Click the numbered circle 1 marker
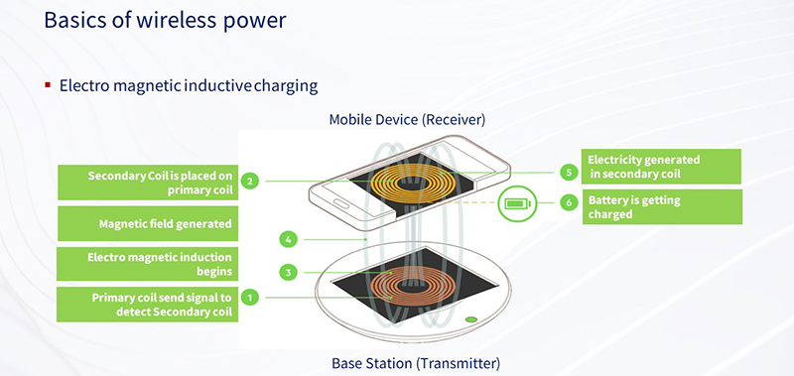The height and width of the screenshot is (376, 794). click(x=251, y=297)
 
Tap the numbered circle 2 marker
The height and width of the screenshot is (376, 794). click(x=251, y=181)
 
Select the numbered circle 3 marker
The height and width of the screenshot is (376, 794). click(x=287, y=271)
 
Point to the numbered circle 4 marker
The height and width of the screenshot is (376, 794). click(x=287, y=239)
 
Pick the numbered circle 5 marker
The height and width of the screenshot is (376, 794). click(x=569, y=172)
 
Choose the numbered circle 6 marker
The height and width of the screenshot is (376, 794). click(x=569, y=201)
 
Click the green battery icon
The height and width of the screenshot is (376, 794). click(x=517, y=204)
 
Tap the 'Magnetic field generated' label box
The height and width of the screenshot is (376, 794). click(x=148, y=224)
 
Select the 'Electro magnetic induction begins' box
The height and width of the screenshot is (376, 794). click(x=148, y=263)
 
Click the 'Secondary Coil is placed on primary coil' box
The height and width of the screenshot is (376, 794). click(x=148, y=182)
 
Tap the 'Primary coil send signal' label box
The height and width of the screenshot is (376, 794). click(x=148, y=305)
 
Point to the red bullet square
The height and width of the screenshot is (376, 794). click(x=47, y=85)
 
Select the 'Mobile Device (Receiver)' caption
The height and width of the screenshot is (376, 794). click(x=406, y=121)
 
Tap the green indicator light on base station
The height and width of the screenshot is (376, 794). click(x=470, y=319)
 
